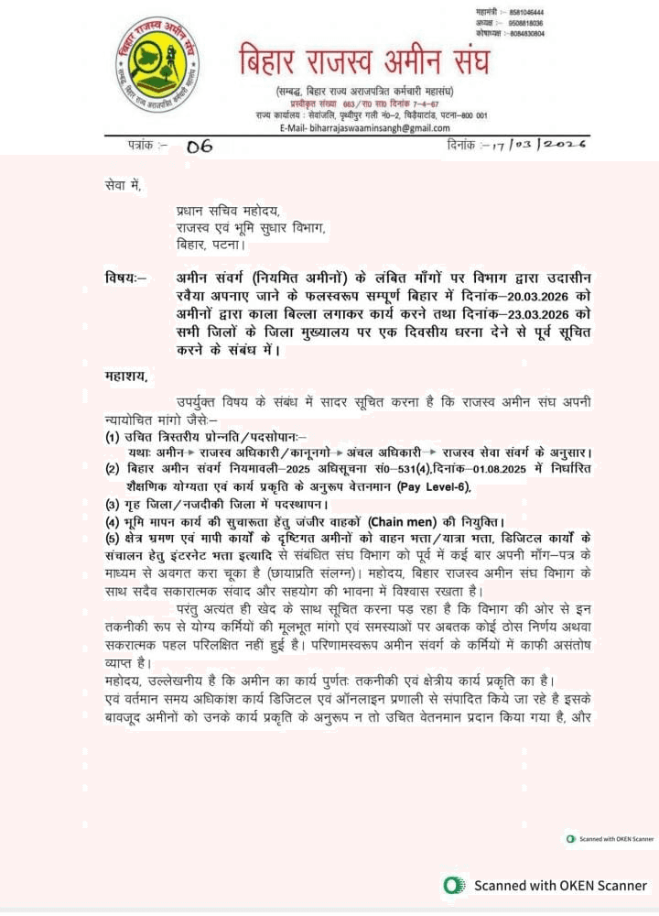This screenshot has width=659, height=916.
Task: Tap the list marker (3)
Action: point(113,504)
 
